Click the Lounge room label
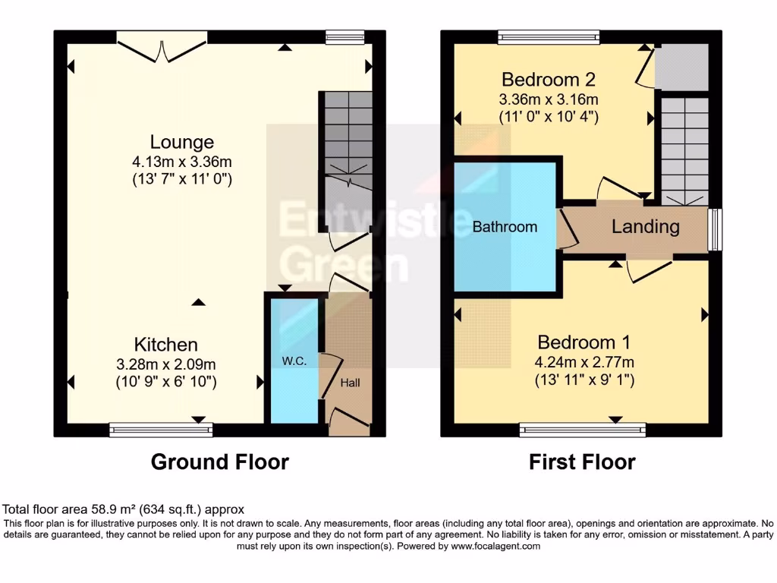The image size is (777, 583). [181, 142]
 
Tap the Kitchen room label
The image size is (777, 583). [166, 344]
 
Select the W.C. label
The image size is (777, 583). [295, 361]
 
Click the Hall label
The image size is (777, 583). [351, 383]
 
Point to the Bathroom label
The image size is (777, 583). [505, 226]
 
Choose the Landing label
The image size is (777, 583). [645, 226]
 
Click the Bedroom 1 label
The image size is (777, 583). [584, 342]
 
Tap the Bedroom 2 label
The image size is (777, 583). [548, 79]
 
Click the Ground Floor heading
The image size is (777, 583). [220, 462]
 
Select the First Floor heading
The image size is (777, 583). [582, 462]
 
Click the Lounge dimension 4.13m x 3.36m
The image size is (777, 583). [181, 161]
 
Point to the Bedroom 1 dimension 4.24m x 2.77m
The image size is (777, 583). [584, 361]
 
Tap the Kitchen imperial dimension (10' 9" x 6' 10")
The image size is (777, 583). [166, 382]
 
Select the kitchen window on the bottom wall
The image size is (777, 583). [161, 430]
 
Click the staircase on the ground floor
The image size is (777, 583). [345, 140]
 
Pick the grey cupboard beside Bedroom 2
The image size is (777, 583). [681, 67]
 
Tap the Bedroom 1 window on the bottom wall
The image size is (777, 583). [584, 430]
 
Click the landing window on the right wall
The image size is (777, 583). [715, 228]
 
